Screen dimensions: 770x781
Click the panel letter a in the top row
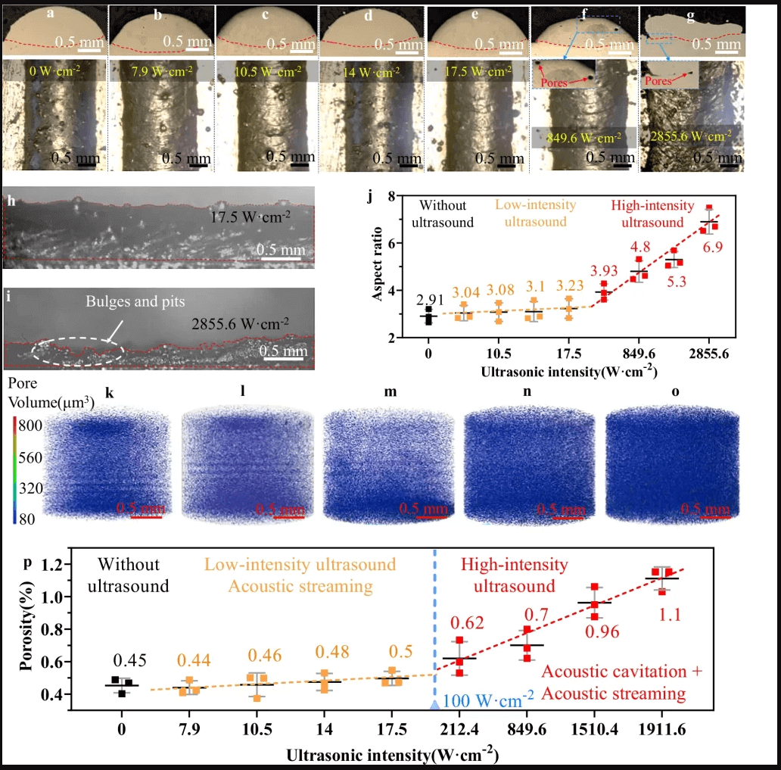point(49,14)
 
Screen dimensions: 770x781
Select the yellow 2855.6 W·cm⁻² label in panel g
point(690,136)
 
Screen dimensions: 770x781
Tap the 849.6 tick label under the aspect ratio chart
point(639,354)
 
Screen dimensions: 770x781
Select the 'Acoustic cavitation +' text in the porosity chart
point(623,672)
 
